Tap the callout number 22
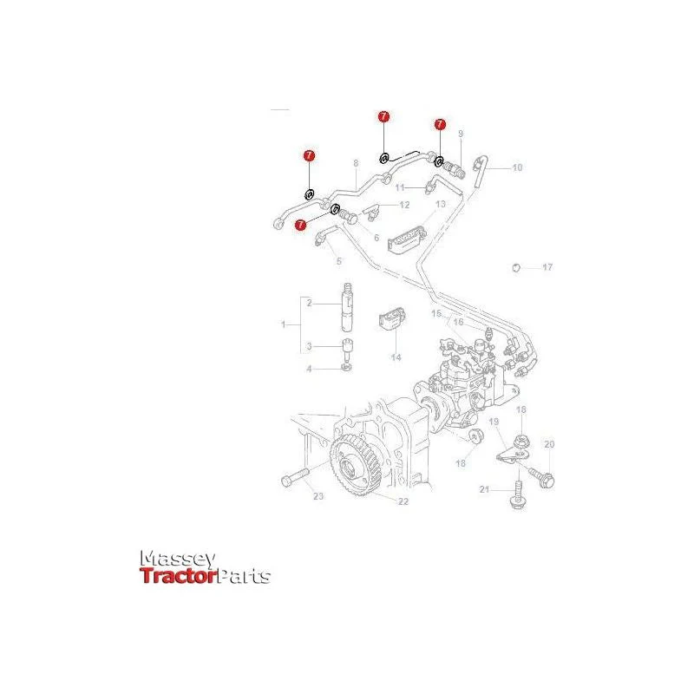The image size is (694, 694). (403, 501)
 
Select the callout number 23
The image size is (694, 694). (318, 496)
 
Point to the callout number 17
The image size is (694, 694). (547, 267)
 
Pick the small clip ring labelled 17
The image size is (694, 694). (515, 267)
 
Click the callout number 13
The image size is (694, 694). (441, 204)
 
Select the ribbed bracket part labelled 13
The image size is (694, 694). (407, 240)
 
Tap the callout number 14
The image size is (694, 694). (396, 357)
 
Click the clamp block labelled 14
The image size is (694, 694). (392, 318)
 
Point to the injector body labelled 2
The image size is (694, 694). (348, 307)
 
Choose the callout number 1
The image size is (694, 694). (284, 324)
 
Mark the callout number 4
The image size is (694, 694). (310, 369)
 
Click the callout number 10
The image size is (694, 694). (517, 167)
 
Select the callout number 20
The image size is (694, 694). (549, 444)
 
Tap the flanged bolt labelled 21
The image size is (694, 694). (517, 495)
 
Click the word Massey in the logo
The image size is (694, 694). (178, 559)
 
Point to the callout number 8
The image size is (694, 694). (356, 163)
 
